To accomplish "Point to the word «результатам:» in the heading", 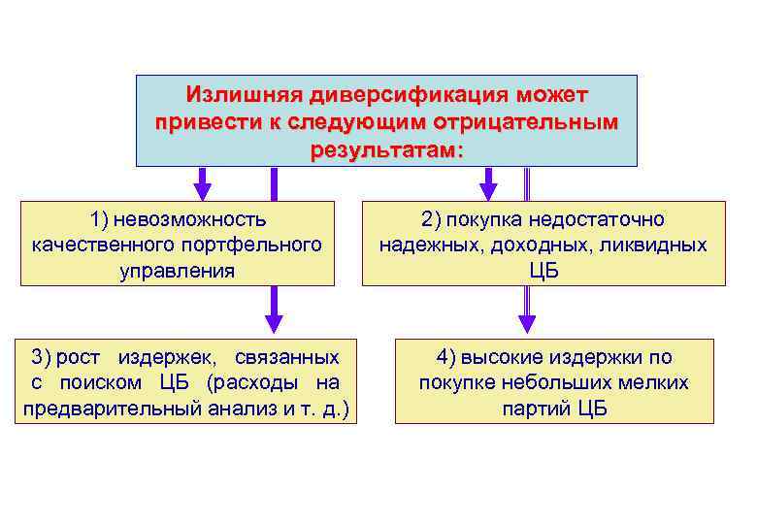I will [x=387, y=151].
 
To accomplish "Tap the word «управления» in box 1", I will [x=177, y=270].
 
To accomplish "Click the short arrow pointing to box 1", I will [x=203, y=182].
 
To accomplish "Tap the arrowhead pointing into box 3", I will [x=274, y=323].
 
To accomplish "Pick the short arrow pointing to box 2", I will [x=488, y=182].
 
